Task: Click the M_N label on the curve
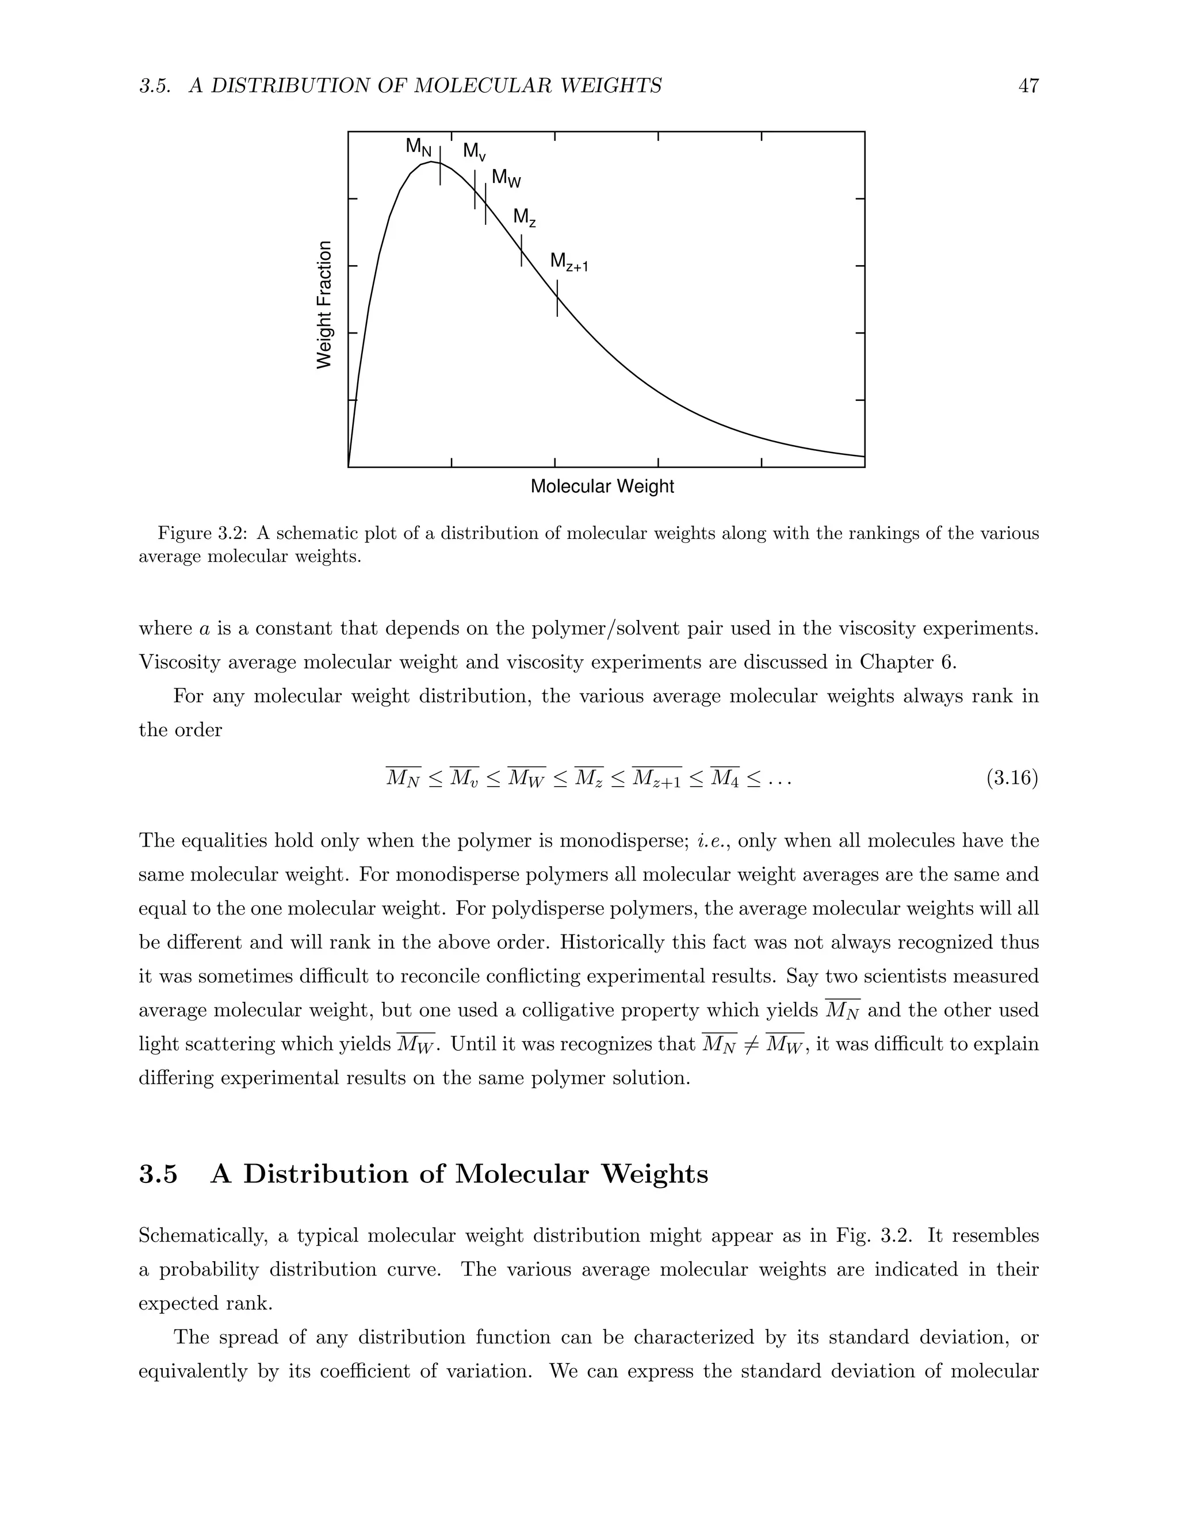(x=419, y=147)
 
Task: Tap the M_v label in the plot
(x=475, y=151)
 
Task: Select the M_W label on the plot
(x=506, y=179)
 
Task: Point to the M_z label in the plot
(x=524, y=218)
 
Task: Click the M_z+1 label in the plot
(x=569, y=262)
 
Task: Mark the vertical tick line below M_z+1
(x=557, y=298)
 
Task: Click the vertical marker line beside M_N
(x=439, y=166)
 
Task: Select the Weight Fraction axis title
(x=324, y=305)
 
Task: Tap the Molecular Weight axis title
(x=602, y=487)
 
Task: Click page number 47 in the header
(x=1028, y=86)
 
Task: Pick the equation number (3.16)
(x=1012, y=778)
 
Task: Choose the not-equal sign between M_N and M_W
(x=751, y=1044)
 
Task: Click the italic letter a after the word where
(x=204, y=629)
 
